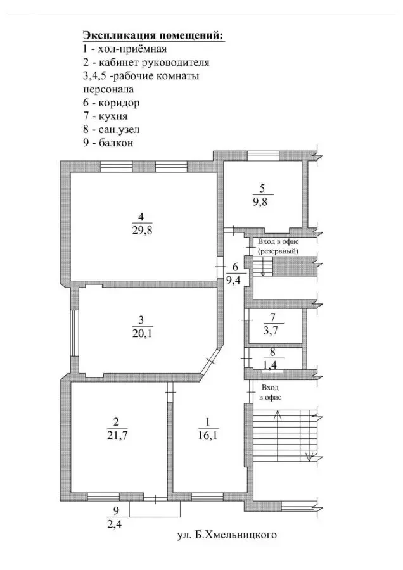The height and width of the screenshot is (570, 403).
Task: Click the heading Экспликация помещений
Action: click(154, 35)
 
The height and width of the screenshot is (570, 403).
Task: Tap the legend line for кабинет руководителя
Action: click(146, 62)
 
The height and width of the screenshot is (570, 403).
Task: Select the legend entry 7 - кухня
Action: click(105, 116)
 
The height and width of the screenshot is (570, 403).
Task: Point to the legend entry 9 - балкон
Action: click(108, 142)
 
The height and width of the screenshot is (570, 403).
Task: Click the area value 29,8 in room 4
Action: click(142, 230)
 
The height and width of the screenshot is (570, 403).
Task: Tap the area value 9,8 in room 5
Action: click(260, 201)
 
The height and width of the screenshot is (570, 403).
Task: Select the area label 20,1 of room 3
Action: click(142, 332)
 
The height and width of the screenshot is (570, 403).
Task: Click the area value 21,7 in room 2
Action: click(117, 435)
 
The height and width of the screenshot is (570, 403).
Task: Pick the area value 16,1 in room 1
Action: click(208, 435)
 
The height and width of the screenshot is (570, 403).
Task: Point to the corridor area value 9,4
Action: click(234, 281)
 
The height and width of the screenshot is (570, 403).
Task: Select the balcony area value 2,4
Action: click(114, 524)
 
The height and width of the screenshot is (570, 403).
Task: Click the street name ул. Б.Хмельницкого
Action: click(227, 535)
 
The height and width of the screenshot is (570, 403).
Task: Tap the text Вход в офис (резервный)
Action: click(278, 246)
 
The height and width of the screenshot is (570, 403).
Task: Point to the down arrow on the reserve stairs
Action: click(262, 267)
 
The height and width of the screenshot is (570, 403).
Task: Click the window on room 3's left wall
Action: click(74, 333)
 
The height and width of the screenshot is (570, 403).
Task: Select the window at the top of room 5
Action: click(263, 156)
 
